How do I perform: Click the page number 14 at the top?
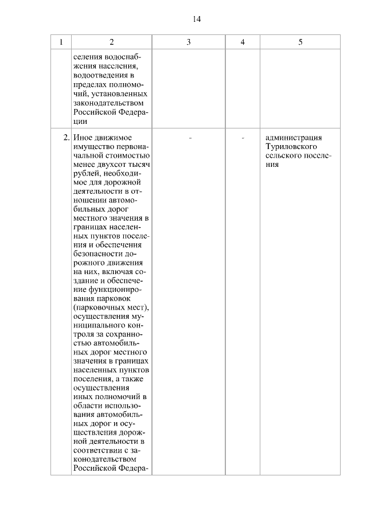[x=197, y=19]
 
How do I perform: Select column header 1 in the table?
[x=61, y=42]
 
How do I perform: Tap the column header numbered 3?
[x=188, y=42]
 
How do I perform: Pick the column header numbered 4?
[x=243, y=42]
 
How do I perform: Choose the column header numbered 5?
[x=300, y=42]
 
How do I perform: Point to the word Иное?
[x=84, y=138]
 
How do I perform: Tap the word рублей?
[x=87, y=174]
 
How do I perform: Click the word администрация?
[x=294, y=138]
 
